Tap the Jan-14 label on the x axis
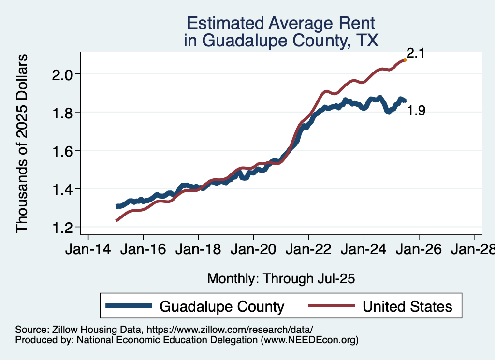[x=88, y=251]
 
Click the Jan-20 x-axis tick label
[x=253, y=251]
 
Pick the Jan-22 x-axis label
[x=308, y=251]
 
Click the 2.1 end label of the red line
[x=415, y=53]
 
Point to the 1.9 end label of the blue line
[x=415, y=111]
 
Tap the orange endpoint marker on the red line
[x=405, y=60]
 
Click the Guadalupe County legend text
[x=222, y=306]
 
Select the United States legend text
[x=408, y=306]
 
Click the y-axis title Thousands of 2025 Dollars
[x=23, y=143]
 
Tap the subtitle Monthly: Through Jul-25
[x=281, y=279]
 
